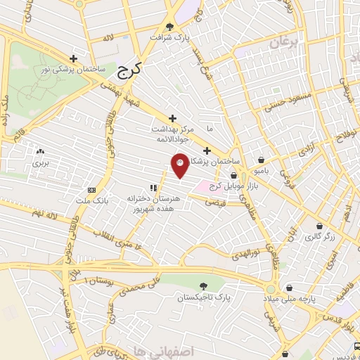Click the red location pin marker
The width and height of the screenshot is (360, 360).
(x=179, y=165)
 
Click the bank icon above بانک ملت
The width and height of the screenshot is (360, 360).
(x=92, y=190)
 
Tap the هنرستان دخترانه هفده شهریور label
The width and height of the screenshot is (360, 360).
(x=152, y=204)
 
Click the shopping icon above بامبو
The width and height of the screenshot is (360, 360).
(x=262, y=160)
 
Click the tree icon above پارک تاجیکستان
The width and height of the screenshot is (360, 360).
(x=204, y=286)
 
